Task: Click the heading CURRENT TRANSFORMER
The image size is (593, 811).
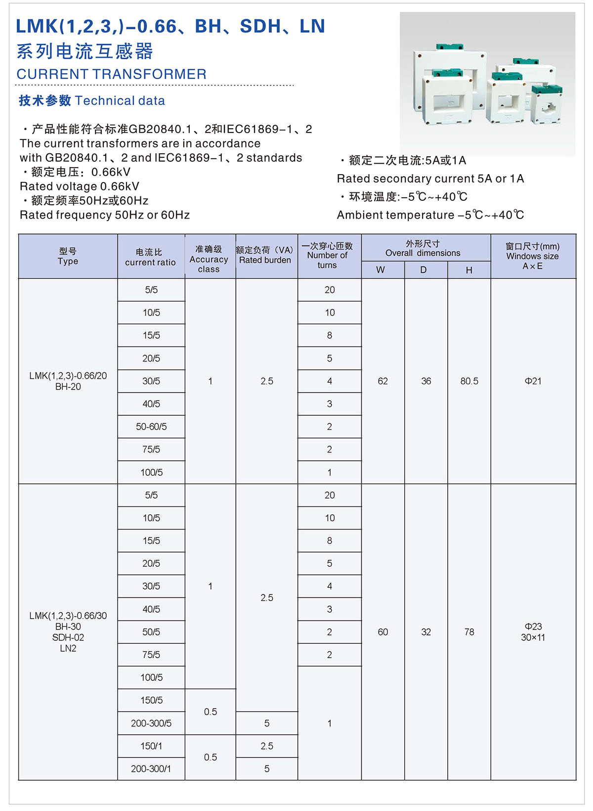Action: [111, 74]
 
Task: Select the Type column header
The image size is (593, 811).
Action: [68, 256]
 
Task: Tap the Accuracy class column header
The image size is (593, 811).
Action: [209, 259]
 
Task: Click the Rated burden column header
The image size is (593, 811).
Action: [265, 255]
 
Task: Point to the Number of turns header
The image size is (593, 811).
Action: [327, 255]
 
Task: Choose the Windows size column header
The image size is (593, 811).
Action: [533, 256]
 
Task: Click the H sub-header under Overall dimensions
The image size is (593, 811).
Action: [469, 270]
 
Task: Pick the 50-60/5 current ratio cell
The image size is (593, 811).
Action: [151, 427]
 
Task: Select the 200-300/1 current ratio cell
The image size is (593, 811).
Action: [151, 769]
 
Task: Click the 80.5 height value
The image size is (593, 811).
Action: [469, 381]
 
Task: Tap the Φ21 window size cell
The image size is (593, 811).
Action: [533, 381]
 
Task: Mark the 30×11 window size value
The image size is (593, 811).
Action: [533, 638]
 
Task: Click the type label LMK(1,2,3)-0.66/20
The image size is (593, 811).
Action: [68, 376]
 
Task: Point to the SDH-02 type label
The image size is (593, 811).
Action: [68, 637]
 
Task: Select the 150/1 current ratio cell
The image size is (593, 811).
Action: [151, 746]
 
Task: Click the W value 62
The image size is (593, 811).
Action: [382, 381]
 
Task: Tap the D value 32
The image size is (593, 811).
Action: [426, 632]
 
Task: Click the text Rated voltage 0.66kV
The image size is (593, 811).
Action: [80, 186]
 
